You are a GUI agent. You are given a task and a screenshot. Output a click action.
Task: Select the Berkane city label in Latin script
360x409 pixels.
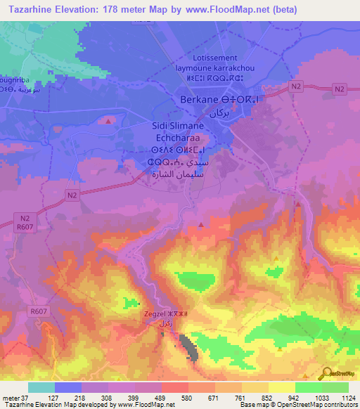point(199,100)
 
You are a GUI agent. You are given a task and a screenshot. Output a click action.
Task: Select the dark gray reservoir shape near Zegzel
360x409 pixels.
point(188,347)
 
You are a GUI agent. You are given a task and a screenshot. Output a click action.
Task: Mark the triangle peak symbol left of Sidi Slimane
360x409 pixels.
point(108,121)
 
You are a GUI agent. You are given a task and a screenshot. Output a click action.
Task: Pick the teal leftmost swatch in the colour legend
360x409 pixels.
point(41,388)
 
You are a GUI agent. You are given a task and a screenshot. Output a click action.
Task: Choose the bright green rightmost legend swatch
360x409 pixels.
point(335,388)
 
